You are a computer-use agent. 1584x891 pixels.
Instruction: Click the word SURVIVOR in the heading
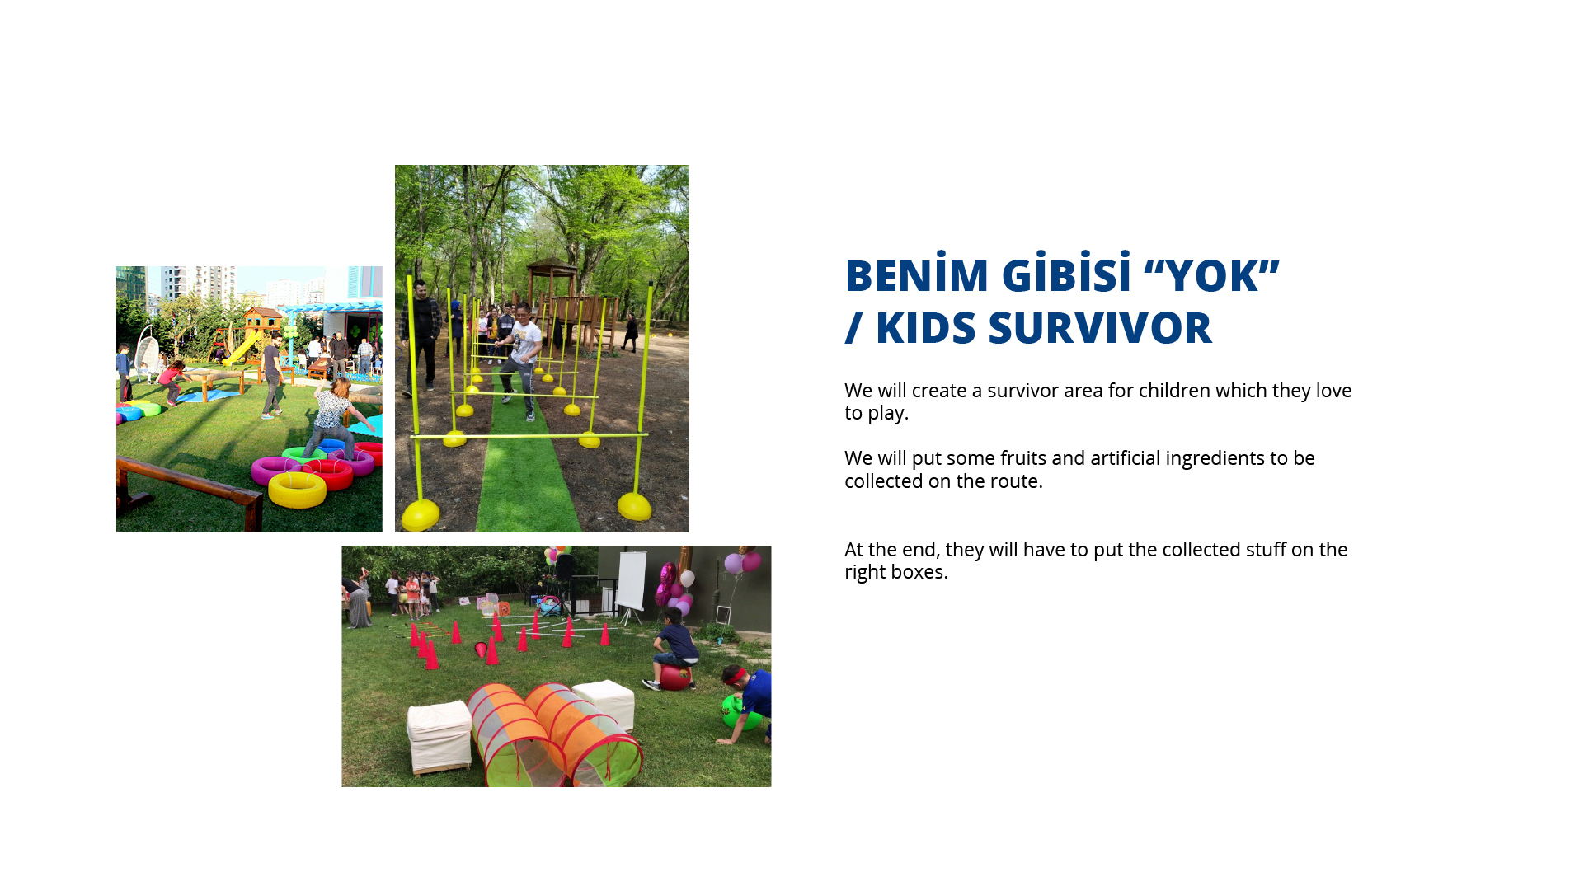[1100, 328]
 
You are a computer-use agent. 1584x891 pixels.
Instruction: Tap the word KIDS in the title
[926, 328]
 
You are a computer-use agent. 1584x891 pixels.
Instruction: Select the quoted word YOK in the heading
[1211, 275]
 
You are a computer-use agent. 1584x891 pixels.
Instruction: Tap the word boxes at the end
[921, 572]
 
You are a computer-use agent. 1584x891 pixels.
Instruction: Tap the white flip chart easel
[631, 585]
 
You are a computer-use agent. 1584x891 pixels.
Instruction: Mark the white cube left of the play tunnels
[439, 736]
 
